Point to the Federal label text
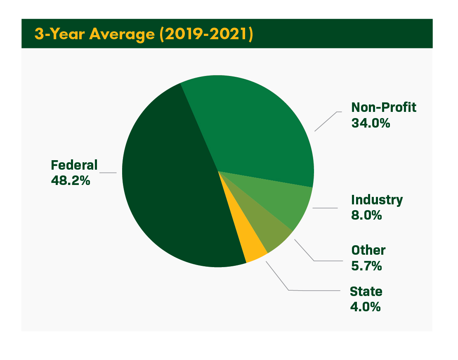tap(74, 165)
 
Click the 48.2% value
tap(71, 180)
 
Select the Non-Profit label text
tap(384, 107)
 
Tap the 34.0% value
tap(371, 123)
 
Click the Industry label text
tap(377, 200)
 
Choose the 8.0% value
tap(366, 215)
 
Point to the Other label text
tap(368, 250)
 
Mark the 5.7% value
tap(366, 266)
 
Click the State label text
tap(366, 291)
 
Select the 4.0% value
tap(365, 307)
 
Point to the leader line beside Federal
tap(109, 173)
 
